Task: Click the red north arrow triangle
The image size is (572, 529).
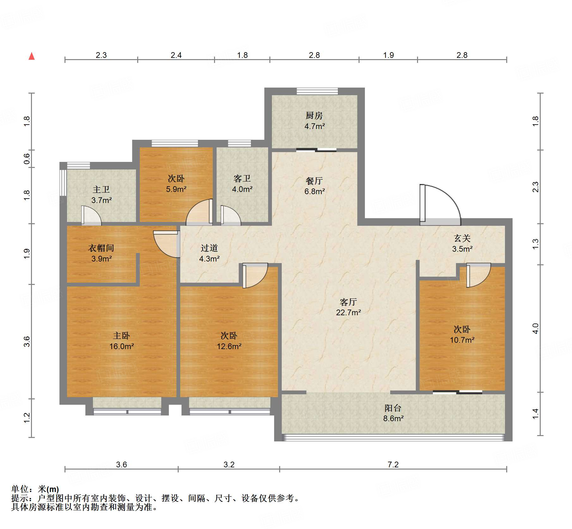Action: coord(32,56)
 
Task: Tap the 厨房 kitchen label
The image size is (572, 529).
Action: coord(314,116)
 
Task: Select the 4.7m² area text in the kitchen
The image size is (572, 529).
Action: coord(315,126)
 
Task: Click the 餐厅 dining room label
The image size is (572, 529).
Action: coord(314,181)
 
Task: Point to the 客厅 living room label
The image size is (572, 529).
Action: coord(348,302)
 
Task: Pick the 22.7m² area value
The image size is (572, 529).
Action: coord(348,312)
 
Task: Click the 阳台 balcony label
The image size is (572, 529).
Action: coord(393,408)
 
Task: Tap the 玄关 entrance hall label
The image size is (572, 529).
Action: coord(462,238)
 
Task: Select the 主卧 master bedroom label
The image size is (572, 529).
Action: coord(121,336)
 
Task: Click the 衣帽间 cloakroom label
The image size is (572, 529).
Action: coord(101,248)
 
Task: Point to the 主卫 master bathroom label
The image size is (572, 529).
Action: coord(101,190)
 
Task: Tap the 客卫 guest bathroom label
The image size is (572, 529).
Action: coord(242,179)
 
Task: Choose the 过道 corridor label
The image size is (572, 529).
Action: coord(209,248)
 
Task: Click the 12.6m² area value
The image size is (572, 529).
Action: coord(229,346)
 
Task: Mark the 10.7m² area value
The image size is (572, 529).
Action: coord(462,340)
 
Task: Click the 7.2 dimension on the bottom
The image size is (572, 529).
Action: coord(393,464)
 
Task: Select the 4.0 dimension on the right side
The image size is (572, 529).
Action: coord(535,329)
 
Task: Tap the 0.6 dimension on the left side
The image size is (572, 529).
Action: coord(27,159)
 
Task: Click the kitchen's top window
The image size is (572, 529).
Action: coord(317,91)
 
